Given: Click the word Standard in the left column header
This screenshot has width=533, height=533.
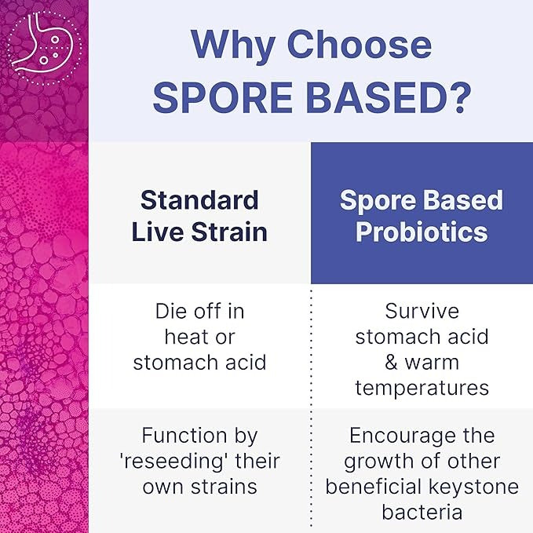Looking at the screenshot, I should (x=199, y=200).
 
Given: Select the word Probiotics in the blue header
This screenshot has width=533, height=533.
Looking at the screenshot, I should (x=422, y=232).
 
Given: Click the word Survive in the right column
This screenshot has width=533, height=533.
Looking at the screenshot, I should (x=422, y=311).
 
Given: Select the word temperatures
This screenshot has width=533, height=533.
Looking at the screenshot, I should (x=422, y=388).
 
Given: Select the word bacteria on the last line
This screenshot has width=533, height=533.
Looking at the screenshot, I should (x=422, y=512).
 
